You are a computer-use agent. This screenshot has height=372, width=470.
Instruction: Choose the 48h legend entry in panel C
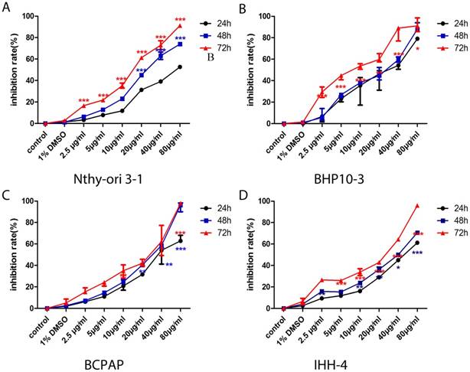click(x=215, y=220)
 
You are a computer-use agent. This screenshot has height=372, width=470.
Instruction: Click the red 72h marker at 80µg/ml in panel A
click(x=180, y=26)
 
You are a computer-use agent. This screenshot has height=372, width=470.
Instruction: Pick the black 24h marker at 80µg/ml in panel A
click(x=180, y=67)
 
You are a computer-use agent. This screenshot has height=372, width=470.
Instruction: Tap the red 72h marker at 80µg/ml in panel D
click(x=418, y=205)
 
